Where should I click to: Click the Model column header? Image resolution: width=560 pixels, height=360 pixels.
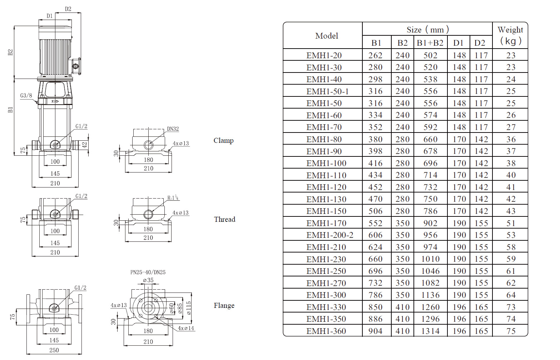326,36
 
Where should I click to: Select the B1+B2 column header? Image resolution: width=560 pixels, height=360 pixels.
430,43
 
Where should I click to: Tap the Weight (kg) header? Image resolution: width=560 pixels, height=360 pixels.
510,35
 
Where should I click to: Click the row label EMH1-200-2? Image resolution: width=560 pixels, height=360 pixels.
329,235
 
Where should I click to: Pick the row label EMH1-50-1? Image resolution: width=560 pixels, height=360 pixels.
327,91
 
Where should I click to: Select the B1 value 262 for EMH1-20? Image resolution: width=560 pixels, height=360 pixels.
375,55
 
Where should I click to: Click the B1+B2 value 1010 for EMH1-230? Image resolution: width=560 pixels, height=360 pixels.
430,259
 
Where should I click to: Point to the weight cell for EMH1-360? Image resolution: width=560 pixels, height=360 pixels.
511,331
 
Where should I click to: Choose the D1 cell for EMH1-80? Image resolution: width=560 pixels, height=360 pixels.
459,139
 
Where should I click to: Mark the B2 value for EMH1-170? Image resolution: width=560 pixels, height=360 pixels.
402,223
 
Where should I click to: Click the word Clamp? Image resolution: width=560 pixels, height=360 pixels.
223,140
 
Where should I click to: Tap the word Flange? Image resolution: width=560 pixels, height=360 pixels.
224,305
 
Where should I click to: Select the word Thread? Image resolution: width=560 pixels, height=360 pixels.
224,219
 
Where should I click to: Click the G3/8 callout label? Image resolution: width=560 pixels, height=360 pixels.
26,95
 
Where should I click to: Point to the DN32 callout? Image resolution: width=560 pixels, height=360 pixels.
173,129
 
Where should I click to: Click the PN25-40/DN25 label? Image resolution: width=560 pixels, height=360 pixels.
148,272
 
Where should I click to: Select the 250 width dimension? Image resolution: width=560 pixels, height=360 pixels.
54,350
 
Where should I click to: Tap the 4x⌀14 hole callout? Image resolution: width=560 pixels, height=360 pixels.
186,328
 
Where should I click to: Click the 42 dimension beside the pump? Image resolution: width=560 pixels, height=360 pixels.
85,145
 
